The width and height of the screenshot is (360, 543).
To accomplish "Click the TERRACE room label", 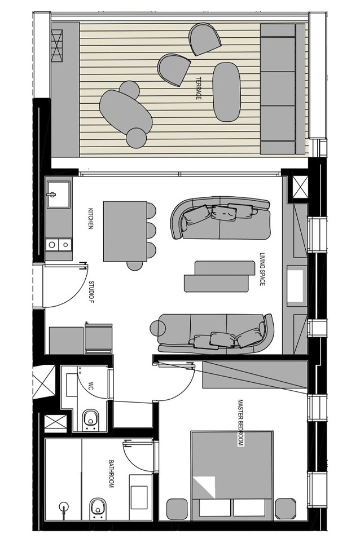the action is pyautogui.click(x=199, y=89).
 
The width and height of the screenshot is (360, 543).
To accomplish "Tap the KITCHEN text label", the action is pyautogui.click(x=91, y=219).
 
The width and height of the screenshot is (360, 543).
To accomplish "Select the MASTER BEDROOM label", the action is pyautogui.click(x=241, y=423).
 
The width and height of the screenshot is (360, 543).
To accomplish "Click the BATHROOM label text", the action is pyautogui.click(x=111, y=474).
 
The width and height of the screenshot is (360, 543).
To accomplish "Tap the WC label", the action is pyautogui.click(x=91, y=386).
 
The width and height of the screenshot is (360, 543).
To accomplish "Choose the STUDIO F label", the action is pyautogui.click(x=91, y=292).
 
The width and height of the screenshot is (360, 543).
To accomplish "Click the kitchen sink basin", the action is pyautogui.click(x=58, y=195).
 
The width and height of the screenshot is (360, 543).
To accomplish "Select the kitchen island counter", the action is pyautogui.click(x=125, y=231).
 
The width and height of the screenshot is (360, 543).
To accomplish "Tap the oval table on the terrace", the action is pyautogui.click(x=226, y=92).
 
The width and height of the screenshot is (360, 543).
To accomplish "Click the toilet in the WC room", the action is pyautogui.click(x=90, y=420).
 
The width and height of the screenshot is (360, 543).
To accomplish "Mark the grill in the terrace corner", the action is pyautogui.click(x=56, y=45).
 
